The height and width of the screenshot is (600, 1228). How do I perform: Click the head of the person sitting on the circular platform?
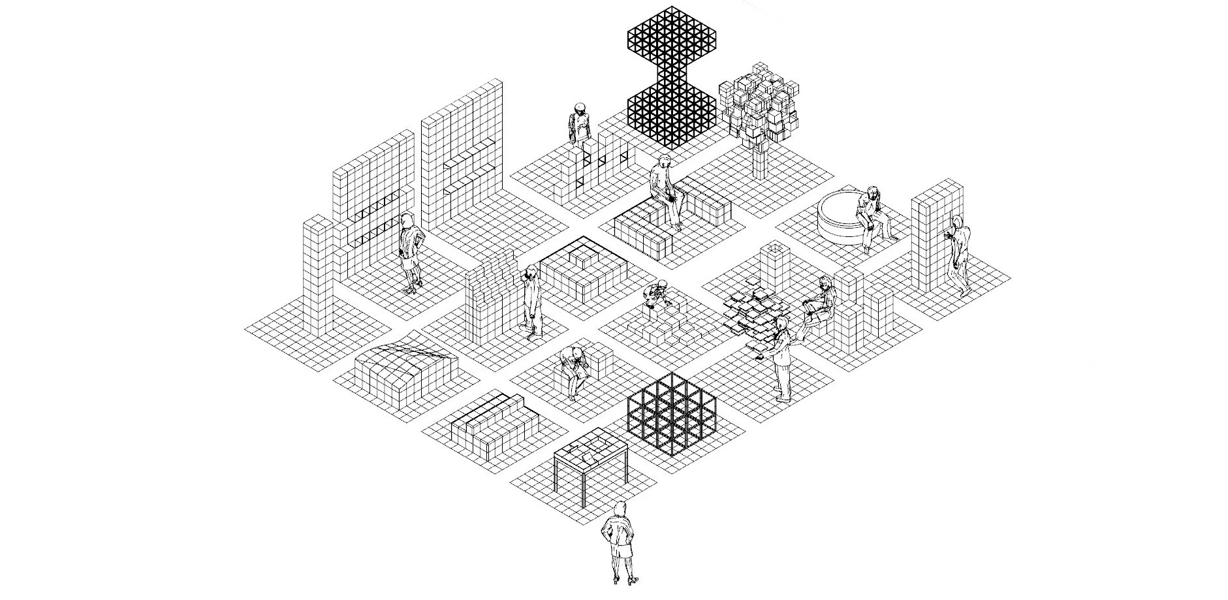click(873, 192)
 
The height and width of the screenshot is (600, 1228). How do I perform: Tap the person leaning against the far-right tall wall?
click(958, 255)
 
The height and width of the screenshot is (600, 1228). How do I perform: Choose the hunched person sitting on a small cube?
click(574, 369)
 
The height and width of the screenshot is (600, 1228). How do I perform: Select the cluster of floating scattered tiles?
click(757, 313)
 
